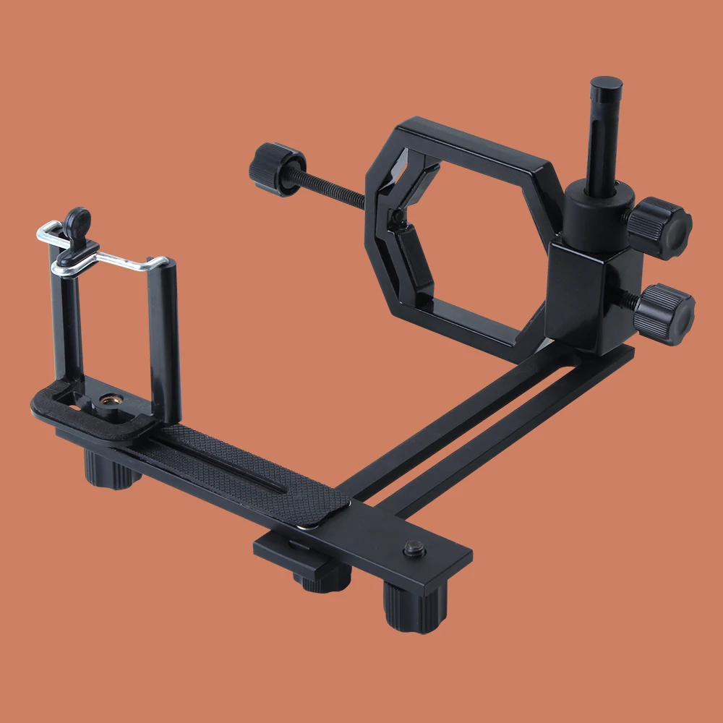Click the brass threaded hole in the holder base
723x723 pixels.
(109, 398)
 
